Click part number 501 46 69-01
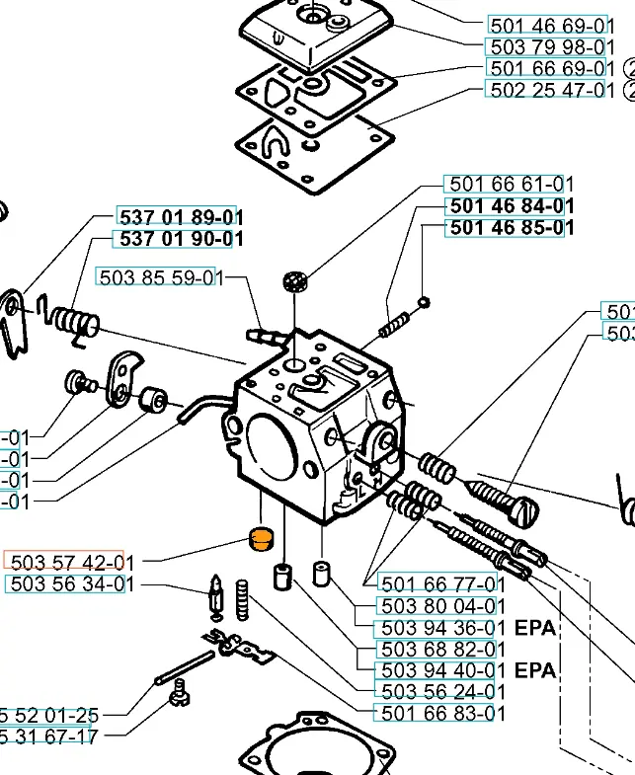(x=551, y=25)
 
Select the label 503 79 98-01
(x=551, y=46)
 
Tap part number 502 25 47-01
(x=551, y=90)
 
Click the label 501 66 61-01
(x=511, y=184)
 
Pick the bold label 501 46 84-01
(x=511, y=205)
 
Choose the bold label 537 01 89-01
(x=181, y=216)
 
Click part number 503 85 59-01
(x=158, y=277)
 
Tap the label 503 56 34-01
(x=69, y=583)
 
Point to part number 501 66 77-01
(x=442, y=583)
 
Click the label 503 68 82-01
(x=442, y=650)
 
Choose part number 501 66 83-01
(x=442, y=713)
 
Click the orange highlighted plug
(x=259, y=541)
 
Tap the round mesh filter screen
(x=293, y=280)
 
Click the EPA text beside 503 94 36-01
(x=535, y=628)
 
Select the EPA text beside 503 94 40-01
(x=535, y=671)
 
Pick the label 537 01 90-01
(x=181, y=239)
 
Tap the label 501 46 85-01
(x=511, y=227)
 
